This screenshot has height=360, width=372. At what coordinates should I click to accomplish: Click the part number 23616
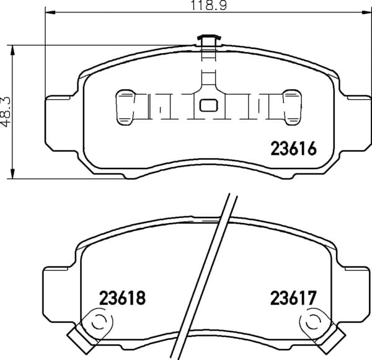click(293, 148)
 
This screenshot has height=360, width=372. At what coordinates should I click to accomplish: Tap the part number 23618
click(122, 298)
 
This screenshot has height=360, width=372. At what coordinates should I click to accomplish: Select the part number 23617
click(293, 298)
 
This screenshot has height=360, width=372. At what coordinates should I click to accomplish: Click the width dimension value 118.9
click(209, 5)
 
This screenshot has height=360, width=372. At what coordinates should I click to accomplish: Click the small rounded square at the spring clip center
click(208, 105)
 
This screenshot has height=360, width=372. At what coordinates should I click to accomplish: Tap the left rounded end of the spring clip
click(125, 107)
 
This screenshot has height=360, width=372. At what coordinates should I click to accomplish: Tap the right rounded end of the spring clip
click(293, 107)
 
